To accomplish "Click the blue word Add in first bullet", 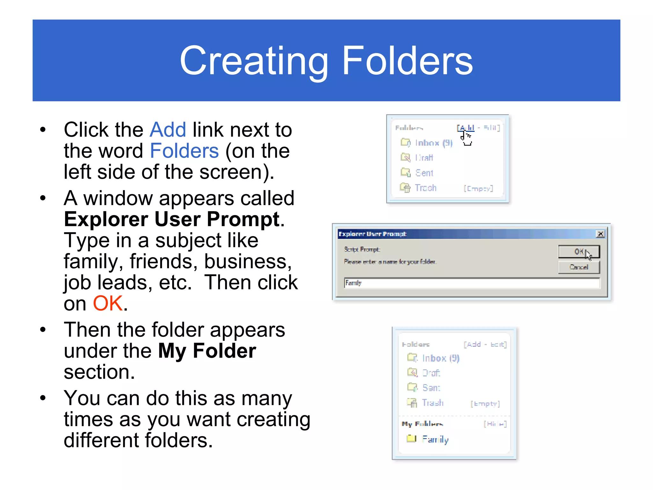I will (x=168, y=130).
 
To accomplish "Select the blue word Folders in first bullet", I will (x=184, y=151).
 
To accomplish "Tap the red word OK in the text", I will (x=107, y=303).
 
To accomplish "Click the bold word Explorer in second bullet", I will (x=106, y=219).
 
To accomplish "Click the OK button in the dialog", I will (x=578, y=252).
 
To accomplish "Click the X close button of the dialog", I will (x=600, y=234).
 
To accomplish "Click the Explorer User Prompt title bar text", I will (x=372, y=234).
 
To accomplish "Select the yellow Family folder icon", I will (x=411, y=439).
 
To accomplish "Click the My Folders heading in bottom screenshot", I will (x=422, y=424).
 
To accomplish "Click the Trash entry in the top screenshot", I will (x=425, y=188).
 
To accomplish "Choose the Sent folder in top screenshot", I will (x=424, y=173).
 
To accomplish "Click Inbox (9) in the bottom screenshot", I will (x=440, y=358).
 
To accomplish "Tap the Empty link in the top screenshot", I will (x=478, y=189).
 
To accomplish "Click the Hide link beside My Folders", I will (x=495, y=424).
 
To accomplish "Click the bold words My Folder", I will (x=207, y=351).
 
